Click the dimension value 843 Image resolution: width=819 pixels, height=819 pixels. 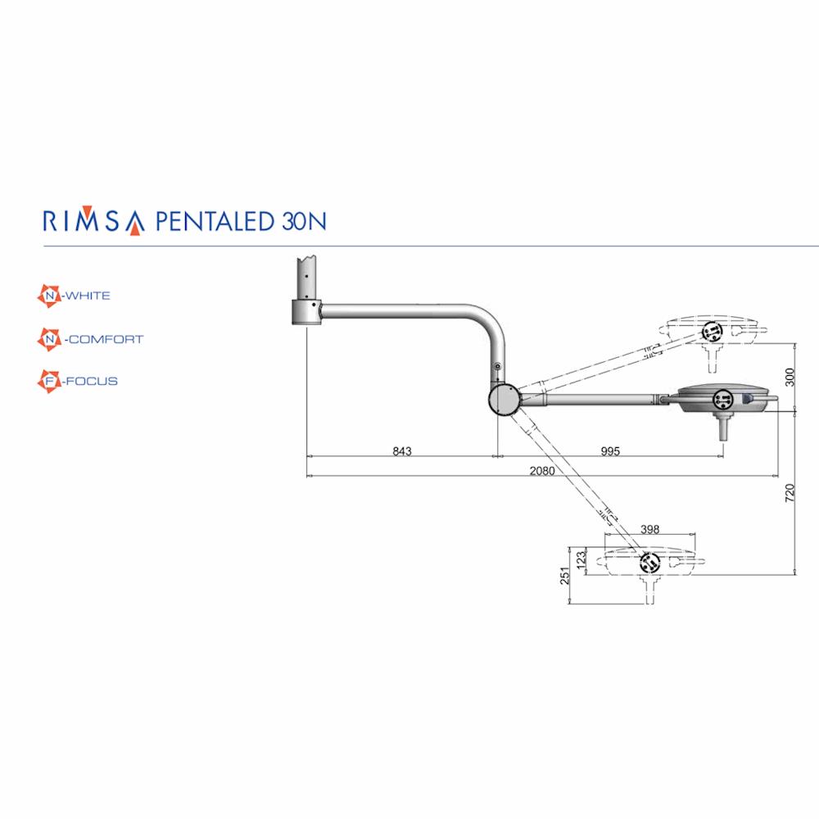click(x=402, y=450)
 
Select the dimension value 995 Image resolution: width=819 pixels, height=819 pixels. click(x=610, y=450)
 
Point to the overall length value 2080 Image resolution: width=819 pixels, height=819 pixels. click(x=542, y=471)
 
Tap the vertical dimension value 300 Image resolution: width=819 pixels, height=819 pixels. click(x=790, y=377)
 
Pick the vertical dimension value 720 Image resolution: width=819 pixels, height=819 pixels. click(x=790, y=493)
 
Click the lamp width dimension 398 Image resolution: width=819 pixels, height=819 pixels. click(x=649, y=529)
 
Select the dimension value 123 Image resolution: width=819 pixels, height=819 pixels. click(x=581, y=561)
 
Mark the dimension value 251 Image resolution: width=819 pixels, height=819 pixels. click(x=564, y=576)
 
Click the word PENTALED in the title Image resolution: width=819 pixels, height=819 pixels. click(x=215, y=221)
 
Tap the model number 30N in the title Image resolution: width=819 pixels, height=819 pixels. click(x=305, y=221)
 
